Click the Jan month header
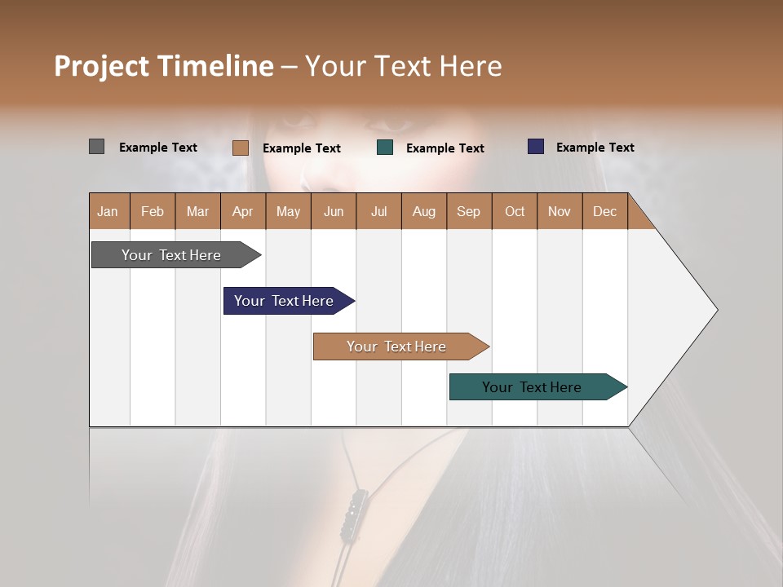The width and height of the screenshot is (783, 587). point(108,211)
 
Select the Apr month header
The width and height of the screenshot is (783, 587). point(243,211)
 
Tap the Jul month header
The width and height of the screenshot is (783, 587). point(378,211)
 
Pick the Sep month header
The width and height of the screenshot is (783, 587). point(469,211)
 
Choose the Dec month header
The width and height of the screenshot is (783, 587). point(604,211)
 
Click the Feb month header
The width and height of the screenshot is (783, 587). point(153,211)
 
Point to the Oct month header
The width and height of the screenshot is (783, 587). point(515,211)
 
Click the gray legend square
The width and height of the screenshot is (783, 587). point(96,147)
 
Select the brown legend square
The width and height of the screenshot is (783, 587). point(240,148)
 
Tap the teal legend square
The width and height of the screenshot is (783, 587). point(385,148)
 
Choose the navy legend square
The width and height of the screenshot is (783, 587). point(536,147)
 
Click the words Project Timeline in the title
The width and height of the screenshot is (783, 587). point(163,66)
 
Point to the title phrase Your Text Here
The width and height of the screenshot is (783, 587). point(403,66)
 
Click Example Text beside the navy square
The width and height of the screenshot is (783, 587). point(595,148)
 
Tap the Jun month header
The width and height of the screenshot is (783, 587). point(334,211)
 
